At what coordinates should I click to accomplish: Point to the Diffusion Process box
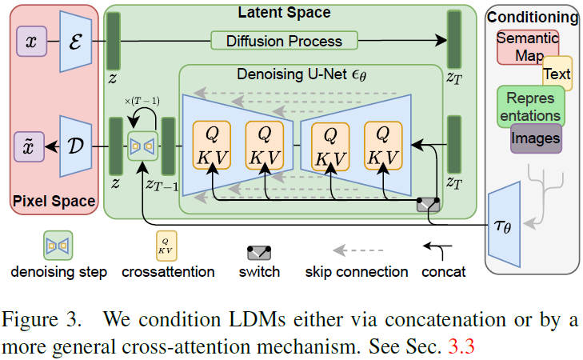(x=284, y=41)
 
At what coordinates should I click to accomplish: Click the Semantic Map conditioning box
(x=526, y=46)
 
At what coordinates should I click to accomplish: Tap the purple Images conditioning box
(x=537, y=138)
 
